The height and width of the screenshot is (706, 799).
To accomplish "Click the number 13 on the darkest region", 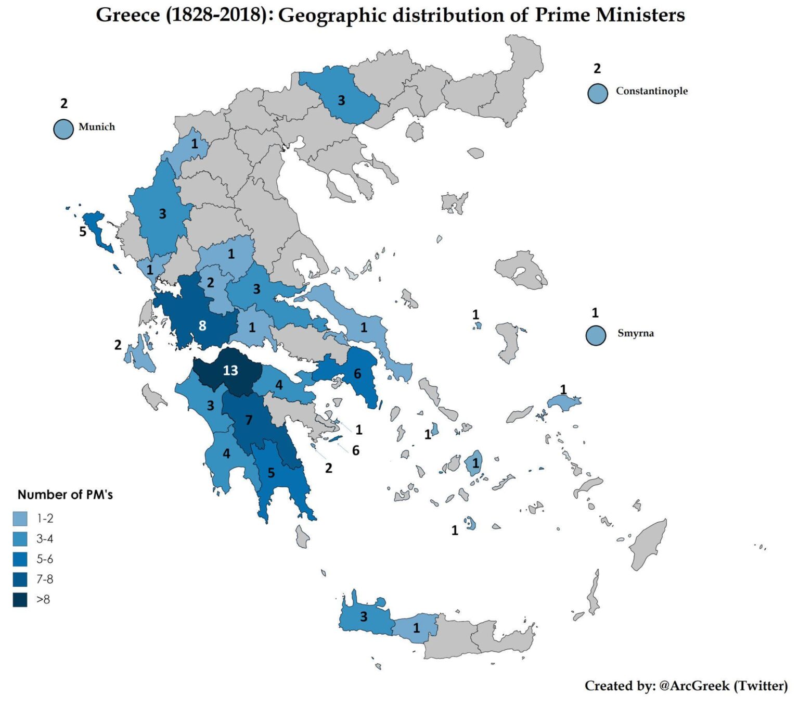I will click(230, 370).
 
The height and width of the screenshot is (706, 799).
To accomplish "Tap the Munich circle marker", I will click(63, 129).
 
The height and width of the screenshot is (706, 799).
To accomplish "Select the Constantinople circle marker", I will click(598, 94).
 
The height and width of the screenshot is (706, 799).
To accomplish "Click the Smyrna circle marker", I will click(596, 335).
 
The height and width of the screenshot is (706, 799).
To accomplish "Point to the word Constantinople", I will click(651, 91).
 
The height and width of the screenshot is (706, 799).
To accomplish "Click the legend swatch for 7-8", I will click(20, 579).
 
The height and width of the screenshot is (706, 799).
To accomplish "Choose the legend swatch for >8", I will click(20, 600).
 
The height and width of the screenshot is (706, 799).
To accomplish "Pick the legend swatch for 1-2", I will click(20, 519).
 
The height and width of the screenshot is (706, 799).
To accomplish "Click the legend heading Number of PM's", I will click(65, 495).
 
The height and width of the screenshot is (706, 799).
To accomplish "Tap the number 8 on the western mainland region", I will click(202, 326).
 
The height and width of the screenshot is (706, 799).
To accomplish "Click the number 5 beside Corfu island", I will click(83, 232).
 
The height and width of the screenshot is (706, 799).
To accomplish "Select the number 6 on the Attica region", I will click(357, 373).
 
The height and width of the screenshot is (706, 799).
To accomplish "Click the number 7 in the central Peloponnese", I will click(249, 420).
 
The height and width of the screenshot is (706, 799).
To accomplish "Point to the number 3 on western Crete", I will click(364, 617).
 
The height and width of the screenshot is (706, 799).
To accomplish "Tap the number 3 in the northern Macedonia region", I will click(341, 100).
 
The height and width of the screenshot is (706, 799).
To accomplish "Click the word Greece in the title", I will click(127, 15).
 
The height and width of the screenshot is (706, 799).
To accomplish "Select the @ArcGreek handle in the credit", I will click(694, 686).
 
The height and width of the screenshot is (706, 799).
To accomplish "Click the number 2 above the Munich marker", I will click(64, 104).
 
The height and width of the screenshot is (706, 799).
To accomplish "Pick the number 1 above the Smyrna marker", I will click(595, 313).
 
